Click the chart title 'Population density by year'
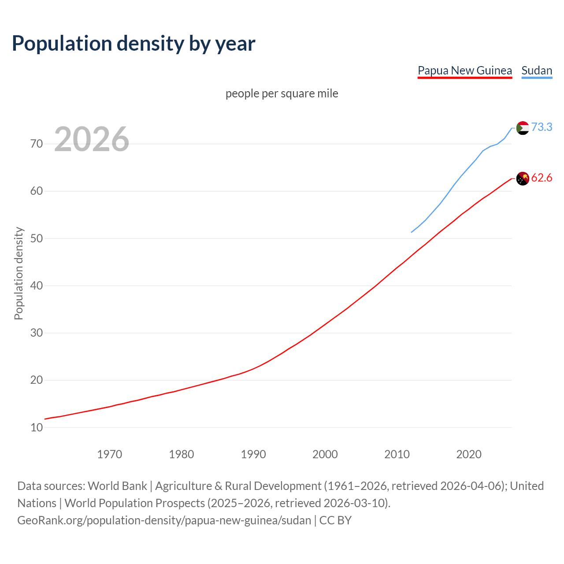coord(134,44)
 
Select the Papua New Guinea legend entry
coord(464,70)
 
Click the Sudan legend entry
coord(536,70)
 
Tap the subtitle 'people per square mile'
coord(282,93)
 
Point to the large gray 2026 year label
coord(92,139)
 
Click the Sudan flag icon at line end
coord(522,128)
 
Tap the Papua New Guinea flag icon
coord(522,178)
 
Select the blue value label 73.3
coord(542,127)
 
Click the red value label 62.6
coord(542,178)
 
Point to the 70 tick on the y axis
coord(37,144)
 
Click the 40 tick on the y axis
coord(37,286)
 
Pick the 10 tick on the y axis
coord(37,427)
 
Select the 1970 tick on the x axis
coord(110,454)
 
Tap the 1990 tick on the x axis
coord(253,454)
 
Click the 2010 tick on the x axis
coord(397,454)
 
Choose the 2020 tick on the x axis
coord(469,454)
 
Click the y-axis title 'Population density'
coord(19,273)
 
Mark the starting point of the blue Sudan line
coord(412,232)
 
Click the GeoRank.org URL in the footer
coord(164,520)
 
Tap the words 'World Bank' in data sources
coord(117,486)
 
